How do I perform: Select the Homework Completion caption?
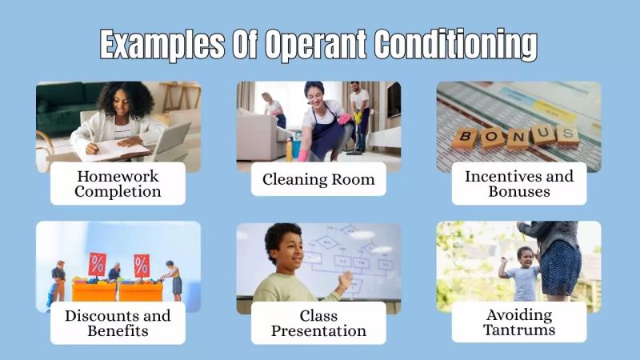pyautogui.click(x=118, y=183)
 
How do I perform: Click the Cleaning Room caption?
pyautogui.click(x=318, y=179)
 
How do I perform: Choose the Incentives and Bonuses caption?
pyautogui.click(x=519, y=183)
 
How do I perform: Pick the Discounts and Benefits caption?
pyautogui.click(x=118, y=322)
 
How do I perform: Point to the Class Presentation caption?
pyautogui.click(x=318, y=322)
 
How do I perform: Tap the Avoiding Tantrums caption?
pyautogui.click(x=519, y=322)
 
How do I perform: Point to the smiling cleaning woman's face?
pyautogui.click(x=314, y=94)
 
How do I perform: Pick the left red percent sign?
pyautogui.click(x=97, y=263)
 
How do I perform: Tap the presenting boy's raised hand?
pyautogui.click(x=345, y=280)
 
